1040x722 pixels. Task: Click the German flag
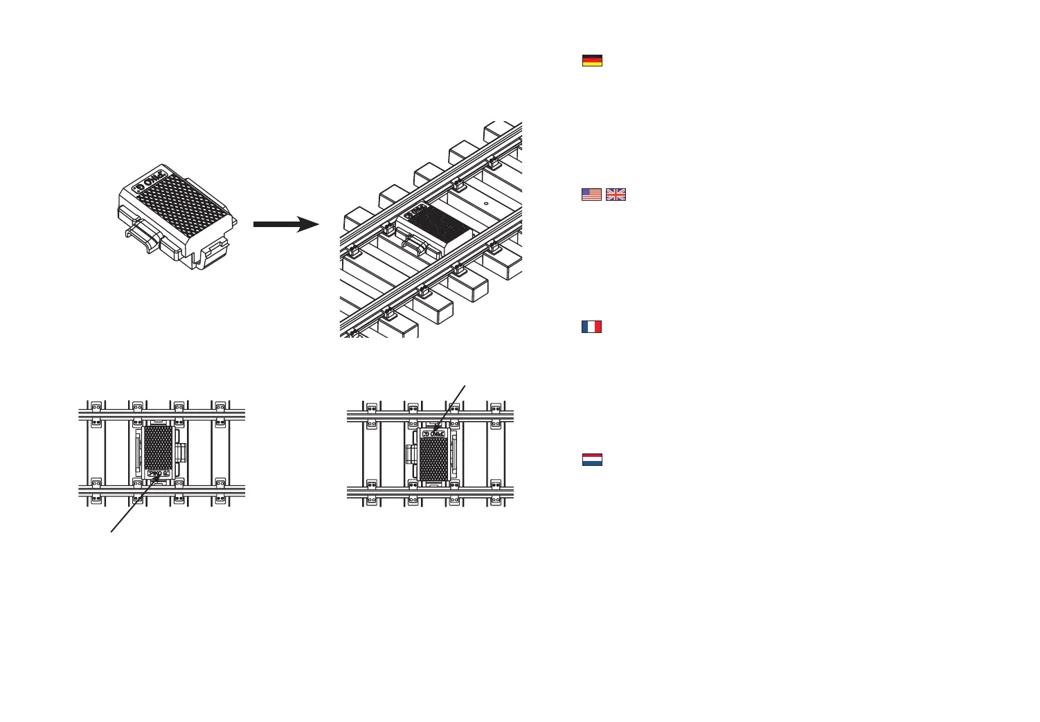592,60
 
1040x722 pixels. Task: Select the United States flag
591,195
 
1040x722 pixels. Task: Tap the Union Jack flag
616,195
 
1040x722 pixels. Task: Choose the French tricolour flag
592,327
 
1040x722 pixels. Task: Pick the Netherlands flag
592,460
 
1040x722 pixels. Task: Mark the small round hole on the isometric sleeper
486,204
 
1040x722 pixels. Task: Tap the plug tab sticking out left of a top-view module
410,454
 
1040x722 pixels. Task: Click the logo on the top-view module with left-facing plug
434,434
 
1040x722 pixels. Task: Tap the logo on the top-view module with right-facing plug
159,473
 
